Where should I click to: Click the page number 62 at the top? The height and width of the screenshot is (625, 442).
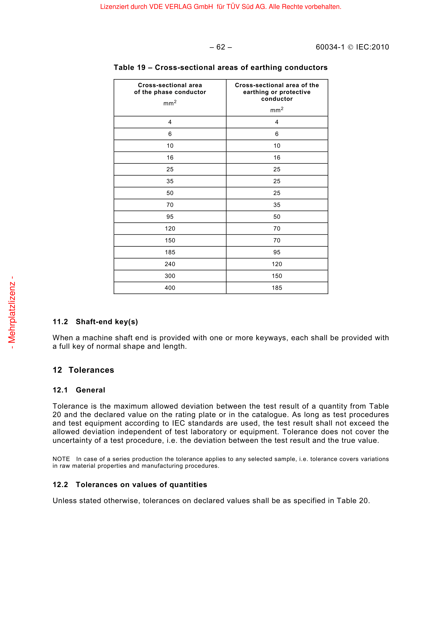[x=221, y=47]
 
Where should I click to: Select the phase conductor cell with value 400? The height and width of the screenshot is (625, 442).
[x=170, y=288]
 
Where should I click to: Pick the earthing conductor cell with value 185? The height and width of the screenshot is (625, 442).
[x=277, y=288]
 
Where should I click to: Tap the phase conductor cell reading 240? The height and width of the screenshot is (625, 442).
[x=170, y=264]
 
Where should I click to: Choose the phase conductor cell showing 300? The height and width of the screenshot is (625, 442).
[x=170, y=276]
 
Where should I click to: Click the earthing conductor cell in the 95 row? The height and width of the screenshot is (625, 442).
[x=277, y=217]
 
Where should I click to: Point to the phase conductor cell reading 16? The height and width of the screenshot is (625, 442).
[x=170, y=158]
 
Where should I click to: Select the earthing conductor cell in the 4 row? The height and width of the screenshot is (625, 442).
[x=277, y=122]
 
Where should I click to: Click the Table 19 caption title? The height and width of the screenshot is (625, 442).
[x=220, y=68]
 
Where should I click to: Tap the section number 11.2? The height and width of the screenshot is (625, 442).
[x=60, y=322]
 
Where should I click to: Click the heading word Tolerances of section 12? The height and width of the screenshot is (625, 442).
[x=91, y=370]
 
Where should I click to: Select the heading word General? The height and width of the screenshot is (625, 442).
[x=90, y=390]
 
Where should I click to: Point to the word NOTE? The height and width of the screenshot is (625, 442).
[x=61, y=459]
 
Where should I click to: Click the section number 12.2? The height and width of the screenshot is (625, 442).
[x=60, y=484]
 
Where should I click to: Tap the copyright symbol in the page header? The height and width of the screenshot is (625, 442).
[x=351, y=47]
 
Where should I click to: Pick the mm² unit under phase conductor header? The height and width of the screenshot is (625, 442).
[x=170, y=103]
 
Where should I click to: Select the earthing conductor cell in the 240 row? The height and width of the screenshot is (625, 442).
[x=277, y=264]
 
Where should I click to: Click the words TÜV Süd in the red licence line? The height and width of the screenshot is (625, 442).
[x=240, y=7]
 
